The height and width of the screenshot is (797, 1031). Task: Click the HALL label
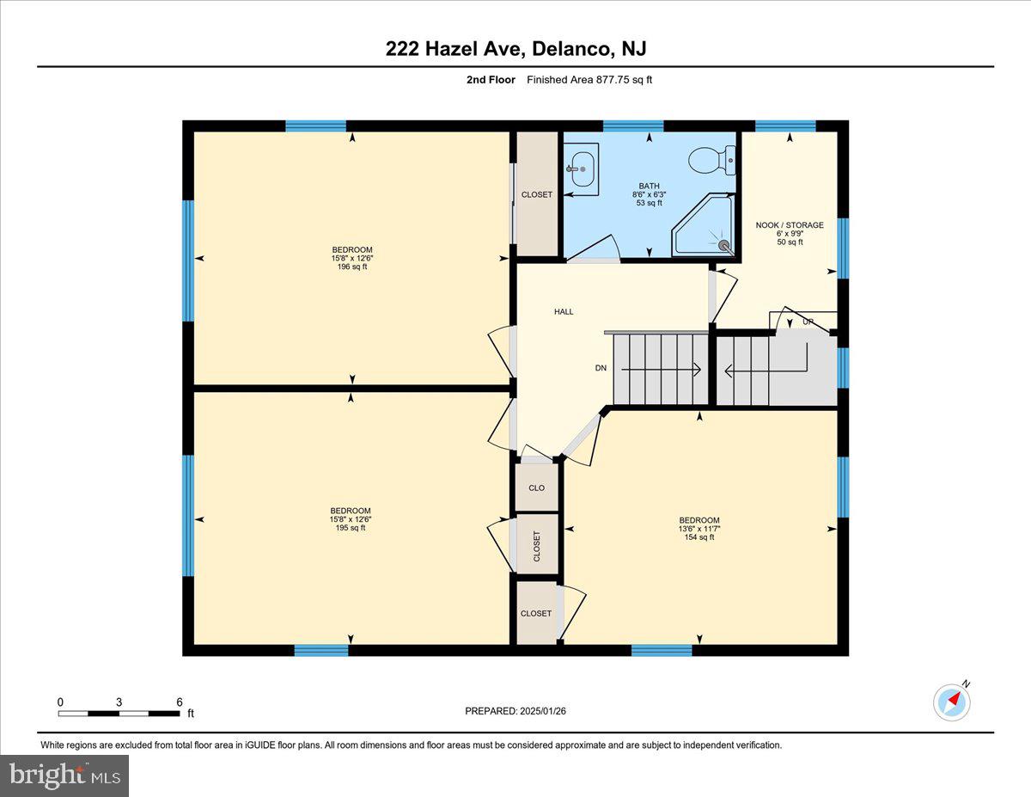[564, 311]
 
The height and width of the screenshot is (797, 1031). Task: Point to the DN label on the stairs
[601, 368]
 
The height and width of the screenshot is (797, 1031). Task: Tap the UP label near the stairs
[808, 322]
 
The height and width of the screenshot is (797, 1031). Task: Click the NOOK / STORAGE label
[790, 225]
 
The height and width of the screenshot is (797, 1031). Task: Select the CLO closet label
[537, 487]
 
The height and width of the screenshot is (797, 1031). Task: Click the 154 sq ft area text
[699, 537]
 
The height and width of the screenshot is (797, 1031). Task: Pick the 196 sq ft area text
[352, 267]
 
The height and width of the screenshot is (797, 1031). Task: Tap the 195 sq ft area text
[351, 528]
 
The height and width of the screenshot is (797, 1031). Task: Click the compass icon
[952, 702]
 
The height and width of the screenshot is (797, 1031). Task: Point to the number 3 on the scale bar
[119, 702]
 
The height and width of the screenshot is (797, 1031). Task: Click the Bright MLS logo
[65, 776]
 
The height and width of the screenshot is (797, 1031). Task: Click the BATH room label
[648, 186]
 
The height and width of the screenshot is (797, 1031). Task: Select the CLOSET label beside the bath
[537, 194]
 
